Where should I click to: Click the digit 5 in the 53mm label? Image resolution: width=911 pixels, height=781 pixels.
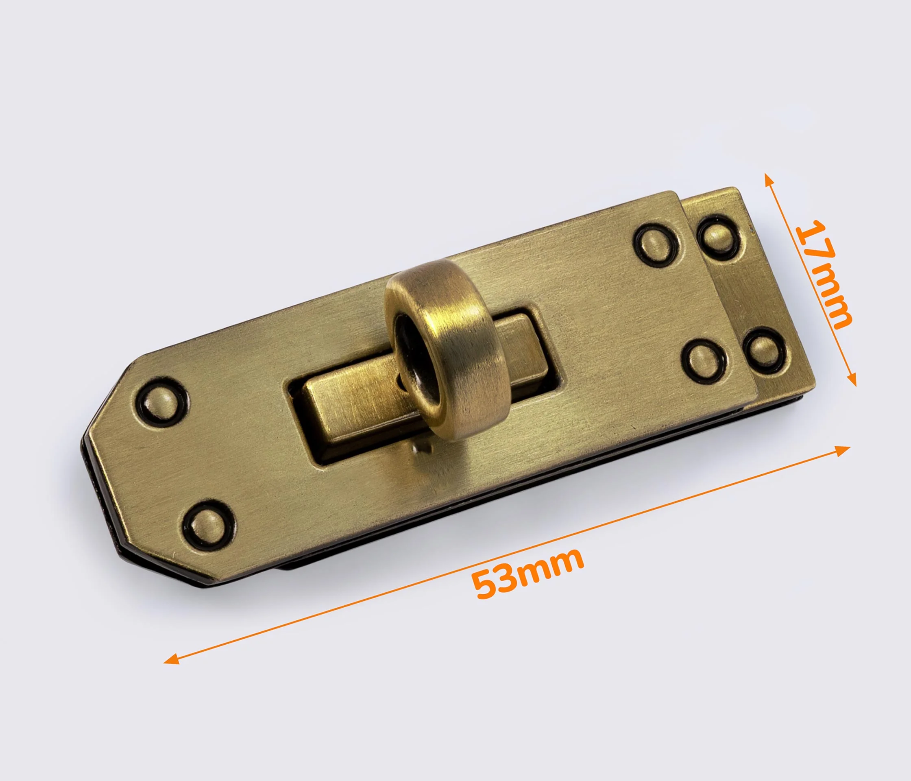(x=486, y=585)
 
